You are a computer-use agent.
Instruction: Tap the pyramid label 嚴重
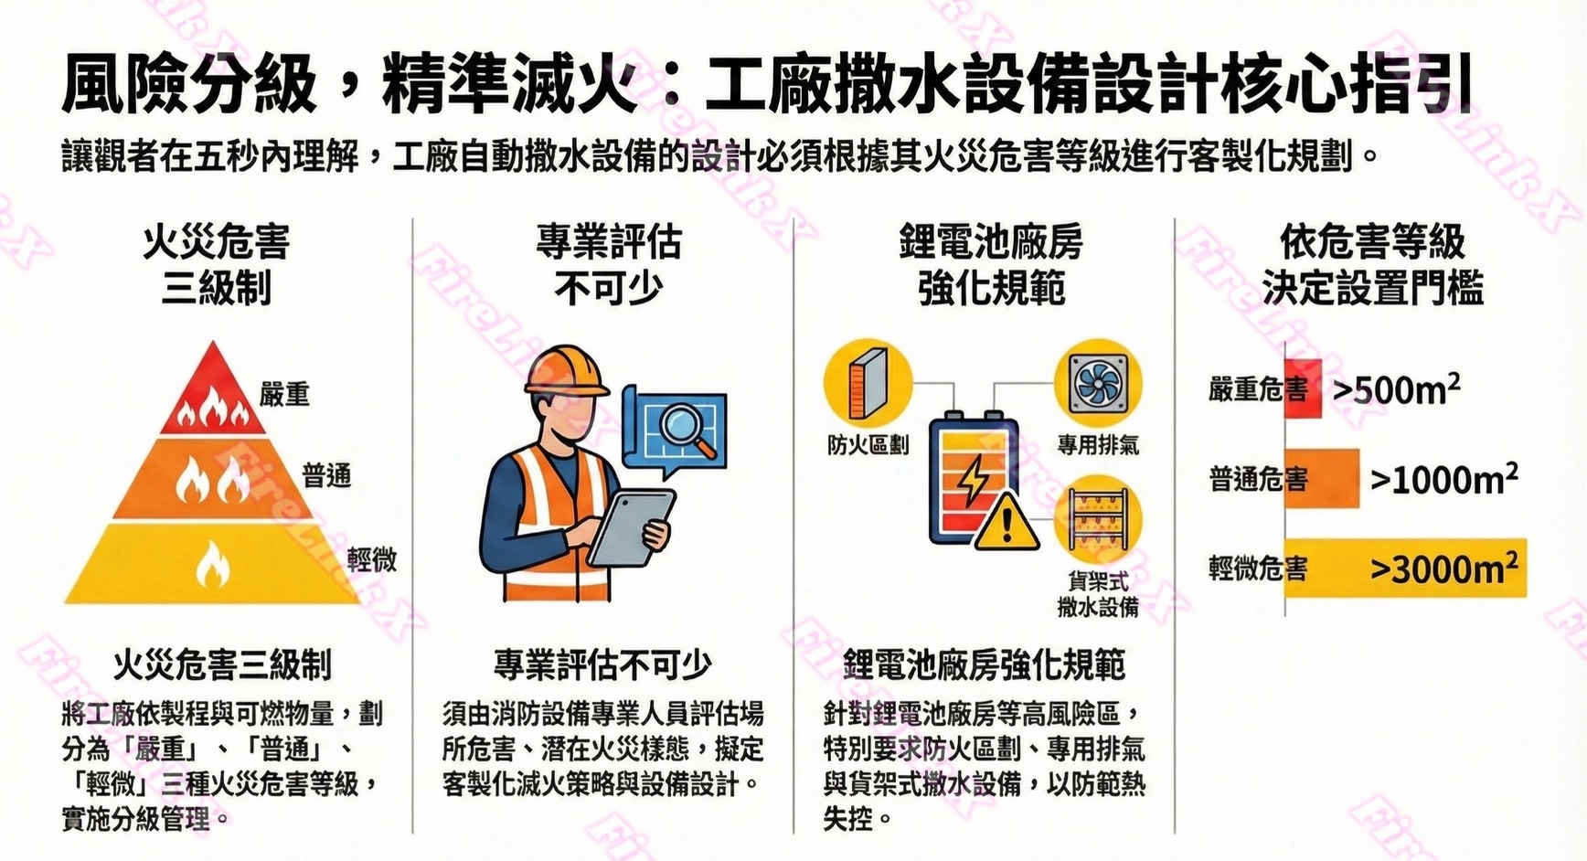coord(284,394)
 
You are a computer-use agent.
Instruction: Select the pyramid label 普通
coord(326,475)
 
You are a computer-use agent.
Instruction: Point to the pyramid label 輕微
coord(372,559)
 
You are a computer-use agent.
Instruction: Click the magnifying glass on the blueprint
coord(687,426)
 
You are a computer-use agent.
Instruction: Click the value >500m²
coord(1396,390)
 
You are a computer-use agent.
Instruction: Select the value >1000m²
coord(1443,478)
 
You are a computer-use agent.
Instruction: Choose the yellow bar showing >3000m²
coord(1405,568)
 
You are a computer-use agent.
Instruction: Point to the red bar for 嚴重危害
coord(1303,389)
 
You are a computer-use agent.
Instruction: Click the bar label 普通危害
coord(1257,478)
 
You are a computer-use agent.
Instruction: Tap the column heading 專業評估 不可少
coord(608,265)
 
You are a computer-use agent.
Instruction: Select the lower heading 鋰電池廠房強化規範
coord(984,665)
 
